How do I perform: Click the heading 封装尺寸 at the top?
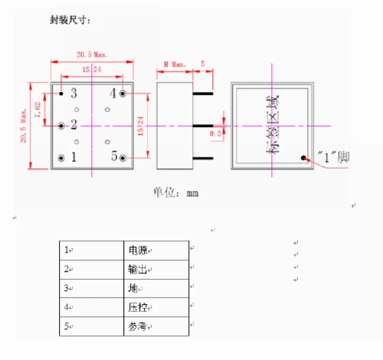(70, 20)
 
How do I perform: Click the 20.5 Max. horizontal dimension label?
(92, 55)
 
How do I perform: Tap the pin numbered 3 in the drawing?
(73, 93)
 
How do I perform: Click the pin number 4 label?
(113, 93)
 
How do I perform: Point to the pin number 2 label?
(73, 125)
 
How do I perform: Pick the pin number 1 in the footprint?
(73, 157)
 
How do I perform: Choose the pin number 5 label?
(114, 157)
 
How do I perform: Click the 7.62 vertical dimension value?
(38, 109)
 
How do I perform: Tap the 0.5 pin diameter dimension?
(216, 133)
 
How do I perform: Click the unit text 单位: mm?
(176, 193)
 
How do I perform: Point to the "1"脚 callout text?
(332, 158)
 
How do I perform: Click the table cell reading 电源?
(140, 250)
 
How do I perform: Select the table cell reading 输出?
(140, 269)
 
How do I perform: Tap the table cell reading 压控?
(140, 308)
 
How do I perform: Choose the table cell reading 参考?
(140, 327)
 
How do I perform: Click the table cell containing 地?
(134, 288)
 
